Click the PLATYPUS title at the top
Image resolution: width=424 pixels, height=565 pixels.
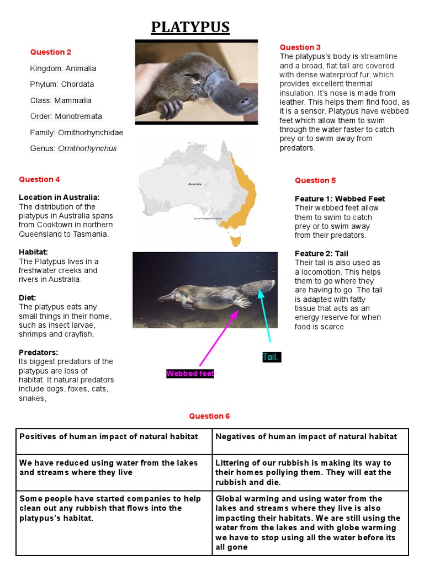tap(190, 27)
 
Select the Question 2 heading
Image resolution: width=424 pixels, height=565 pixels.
tap(51, 52)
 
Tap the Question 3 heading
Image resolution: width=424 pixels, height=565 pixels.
tap(300, 47)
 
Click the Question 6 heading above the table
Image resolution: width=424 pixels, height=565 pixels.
tap(209, 416)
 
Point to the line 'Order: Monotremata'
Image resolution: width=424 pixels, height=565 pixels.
tap(66, 116)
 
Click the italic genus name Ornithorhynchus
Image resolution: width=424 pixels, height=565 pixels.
tap(87, 148)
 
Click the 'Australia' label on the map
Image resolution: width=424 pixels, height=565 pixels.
tap(195, 184)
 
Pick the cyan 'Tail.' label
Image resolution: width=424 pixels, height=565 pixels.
tap(271, 357)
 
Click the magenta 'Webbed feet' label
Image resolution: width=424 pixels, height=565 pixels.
tap(190, 374)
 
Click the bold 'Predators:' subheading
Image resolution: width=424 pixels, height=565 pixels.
tap(39, 352)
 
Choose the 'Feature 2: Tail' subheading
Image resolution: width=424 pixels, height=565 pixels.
tap(321, 253)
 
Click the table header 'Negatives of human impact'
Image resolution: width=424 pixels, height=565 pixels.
tap(306, 436)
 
